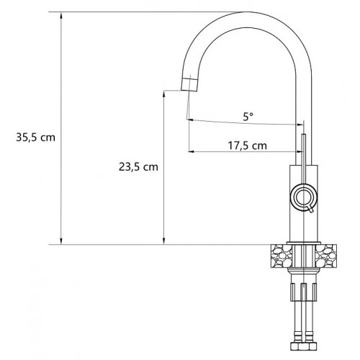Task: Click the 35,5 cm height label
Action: click(x=35, y=138)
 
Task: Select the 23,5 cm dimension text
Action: click(x=138, y=167)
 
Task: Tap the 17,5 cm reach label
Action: click(x=247, y=145)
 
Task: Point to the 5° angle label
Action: click(x=248, y=117)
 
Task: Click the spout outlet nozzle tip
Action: click(x=189, y=85)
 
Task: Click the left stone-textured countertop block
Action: click(x=282, y=256)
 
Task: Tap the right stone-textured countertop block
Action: click(x=326, y=256)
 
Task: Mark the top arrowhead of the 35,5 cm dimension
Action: click(x=61, y=15)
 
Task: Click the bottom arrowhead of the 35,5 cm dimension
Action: click(x=61, y=241)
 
